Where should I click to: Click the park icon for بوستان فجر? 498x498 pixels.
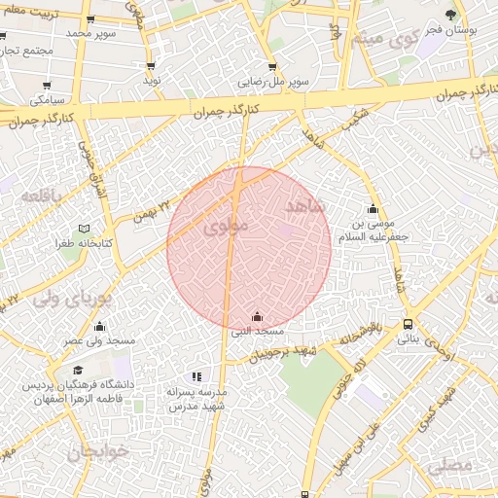[449, 15]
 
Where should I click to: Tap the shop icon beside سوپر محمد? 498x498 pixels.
[90, 18]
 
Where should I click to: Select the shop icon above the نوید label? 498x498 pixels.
[151, 66]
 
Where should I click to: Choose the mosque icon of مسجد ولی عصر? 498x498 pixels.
[99, 327]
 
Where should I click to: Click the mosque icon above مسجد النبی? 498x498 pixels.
[257, 316]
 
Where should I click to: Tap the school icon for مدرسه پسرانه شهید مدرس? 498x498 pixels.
[196, 375]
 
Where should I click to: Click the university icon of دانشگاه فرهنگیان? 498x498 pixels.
[78, 371]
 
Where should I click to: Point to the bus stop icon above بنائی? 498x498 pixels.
[408, 325]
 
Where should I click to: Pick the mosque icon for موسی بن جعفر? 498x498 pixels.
[372, 208]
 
